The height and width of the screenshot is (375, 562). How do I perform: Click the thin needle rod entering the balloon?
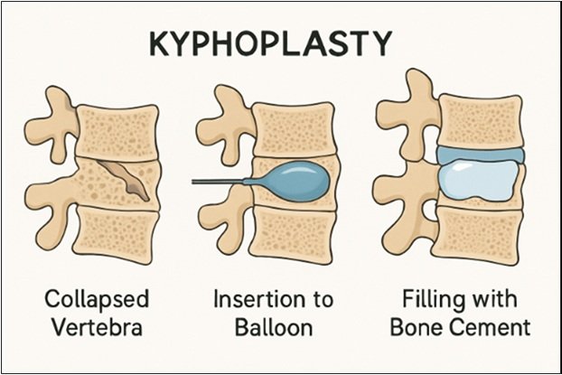[x=221, y=182]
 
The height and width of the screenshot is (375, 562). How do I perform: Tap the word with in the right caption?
[x=502, y=299]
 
